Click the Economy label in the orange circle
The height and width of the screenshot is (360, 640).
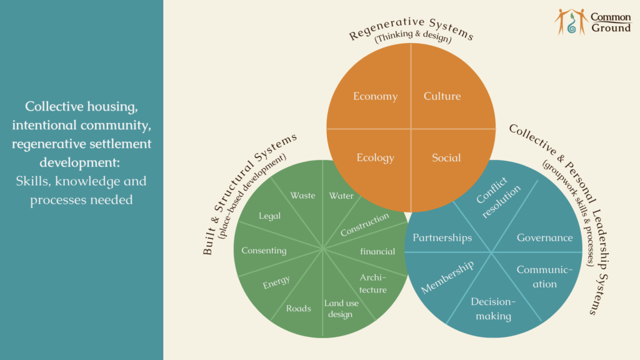[x=375, y=96]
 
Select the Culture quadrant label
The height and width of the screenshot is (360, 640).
[x=442, y=96]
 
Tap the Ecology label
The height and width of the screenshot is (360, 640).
[x=375, y=157]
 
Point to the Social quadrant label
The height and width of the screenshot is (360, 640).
[x=446, y=157]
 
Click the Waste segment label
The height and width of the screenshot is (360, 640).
[x=302, y=196]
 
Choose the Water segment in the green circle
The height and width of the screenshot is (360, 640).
[x=341, y=196]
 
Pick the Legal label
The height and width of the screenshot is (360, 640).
[x=270, y=216]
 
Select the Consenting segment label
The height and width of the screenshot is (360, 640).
[x=264, y=251]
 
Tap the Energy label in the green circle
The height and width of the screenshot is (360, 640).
[x=276, y=282]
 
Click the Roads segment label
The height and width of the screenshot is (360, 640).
[x=298, y=308]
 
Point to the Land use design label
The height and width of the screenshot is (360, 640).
[x=341, y=309]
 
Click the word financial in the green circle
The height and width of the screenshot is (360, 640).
[x=377, y=251]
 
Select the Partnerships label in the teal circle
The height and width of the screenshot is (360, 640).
[x=442, y=237]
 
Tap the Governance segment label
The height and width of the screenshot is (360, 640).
[x=544, y=237]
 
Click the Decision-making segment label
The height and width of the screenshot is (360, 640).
[x=493, y=309]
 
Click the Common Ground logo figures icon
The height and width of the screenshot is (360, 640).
[x=571, y=21]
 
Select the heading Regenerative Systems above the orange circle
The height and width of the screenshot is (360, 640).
[x=411, y=26]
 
